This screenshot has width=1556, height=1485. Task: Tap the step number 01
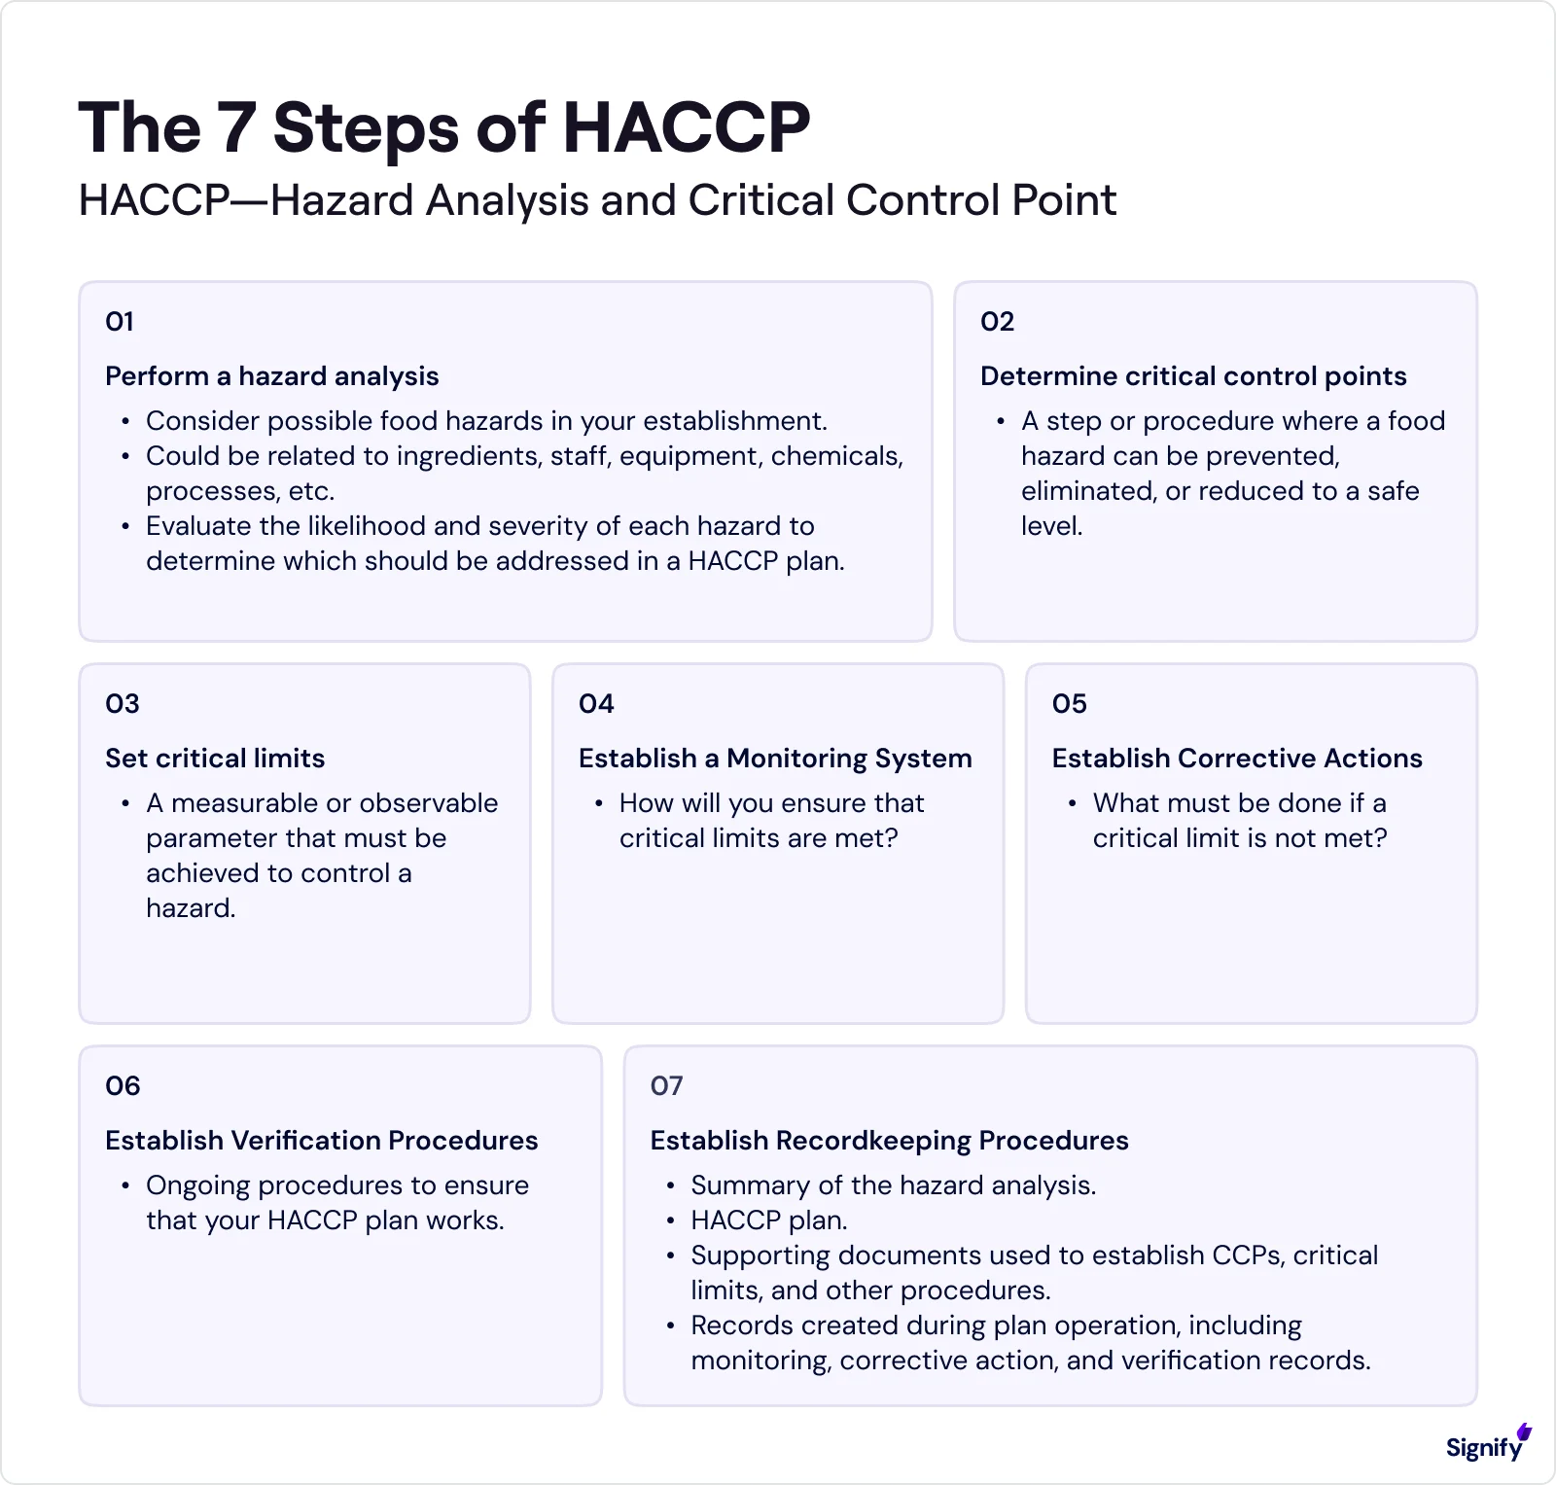click(120, 322)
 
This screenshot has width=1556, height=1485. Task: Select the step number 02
click(997, 322)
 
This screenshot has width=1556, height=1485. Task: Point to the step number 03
click(123, 704)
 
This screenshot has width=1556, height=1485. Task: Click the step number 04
click(596, 704)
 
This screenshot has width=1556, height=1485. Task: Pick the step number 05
click(1069, 704)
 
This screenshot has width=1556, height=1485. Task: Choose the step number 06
click(123, 1086)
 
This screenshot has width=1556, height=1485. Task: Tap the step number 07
click(667, 1086)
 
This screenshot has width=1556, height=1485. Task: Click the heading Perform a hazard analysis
click(271, 376)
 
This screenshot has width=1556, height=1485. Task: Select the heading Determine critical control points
click(1193, 376)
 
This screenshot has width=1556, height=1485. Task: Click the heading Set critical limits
click(215, 759)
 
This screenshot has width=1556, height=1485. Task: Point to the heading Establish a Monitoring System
click(775, 759)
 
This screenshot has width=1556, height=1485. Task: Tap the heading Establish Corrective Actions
click(1237, 759)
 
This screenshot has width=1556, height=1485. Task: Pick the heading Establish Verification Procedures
click(321, 1141)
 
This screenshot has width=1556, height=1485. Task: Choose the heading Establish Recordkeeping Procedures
click(889, 1141)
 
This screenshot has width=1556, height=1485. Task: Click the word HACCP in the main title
click(687, 127)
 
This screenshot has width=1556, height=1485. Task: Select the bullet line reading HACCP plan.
click(768, 1220)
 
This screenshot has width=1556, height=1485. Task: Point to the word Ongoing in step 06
click(197, 1185)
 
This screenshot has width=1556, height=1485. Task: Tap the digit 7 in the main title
click(237, 127)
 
